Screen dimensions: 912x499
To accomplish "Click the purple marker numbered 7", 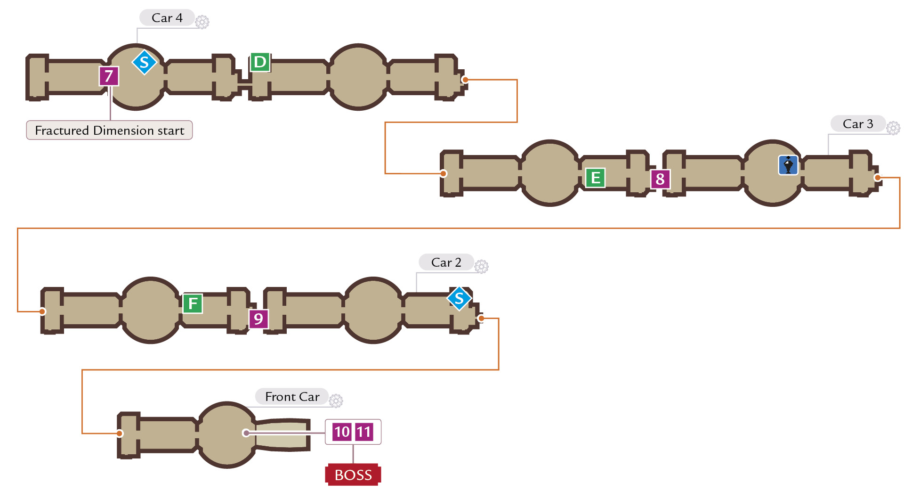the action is (109, 76).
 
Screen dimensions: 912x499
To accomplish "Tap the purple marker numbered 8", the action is (660, 179).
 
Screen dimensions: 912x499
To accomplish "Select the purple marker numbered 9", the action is (258, 319).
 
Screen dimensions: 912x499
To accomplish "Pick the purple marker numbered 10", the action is (342, 432).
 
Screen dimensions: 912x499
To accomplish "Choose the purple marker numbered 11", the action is (364, 432).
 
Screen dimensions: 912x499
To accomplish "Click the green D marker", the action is (260, 62).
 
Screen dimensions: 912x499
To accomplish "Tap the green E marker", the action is (596, 178).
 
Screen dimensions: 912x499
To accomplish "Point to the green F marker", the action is (193, 303).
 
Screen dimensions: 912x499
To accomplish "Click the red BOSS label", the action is (353, 475).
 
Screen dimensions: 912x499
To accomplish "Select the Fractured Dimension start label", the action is (109, 130).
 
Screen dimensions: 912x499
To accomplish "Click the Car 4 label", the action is (167, 18).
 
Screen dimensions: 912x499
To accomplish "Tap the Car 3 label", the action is (858, 124).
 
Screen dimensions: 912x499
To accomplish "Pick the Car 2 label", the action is (446, 262).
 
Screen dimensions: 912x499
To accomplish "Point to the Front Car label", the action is (292, 397).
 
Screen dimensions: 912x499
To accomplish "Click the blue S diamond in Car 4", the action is (145, 62).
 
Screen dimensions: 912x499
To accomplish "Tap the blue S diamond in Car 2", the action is (460, 298).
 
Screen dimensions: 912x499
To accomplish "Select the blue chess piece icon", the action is (788, 165).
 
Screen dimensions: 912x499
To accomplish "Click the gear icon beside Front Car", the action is (336, 401).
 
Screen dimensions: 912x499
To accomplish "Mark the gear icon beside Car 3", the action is (893, 128).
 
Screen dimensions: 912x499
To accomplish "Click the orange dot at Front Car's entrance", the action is (120, 434).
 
